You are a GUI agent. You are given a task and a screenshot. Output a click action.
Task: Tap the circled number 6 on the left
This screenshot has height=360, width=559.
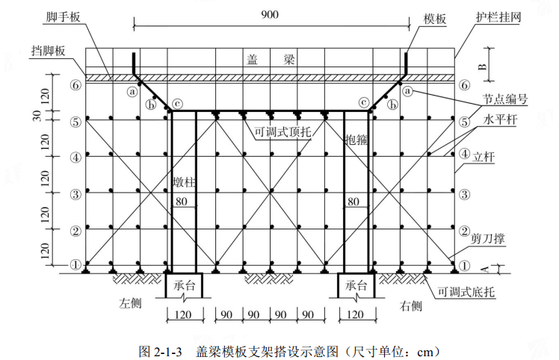point(75,85)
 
